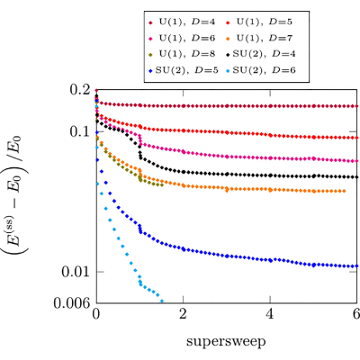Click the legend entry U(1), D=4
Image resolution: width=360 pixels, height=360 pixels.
coord(183,22)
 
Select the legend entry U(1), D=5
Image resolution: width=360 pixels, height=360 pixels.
coord(260,22)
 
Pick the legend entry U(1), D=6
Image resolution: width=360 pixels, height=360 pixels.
coord(183,38)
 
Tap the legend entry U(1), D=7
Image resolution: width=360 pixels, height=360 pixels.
coord(260,38)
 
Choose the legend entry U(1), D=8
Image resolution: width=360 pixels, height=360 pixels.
coord(183,54)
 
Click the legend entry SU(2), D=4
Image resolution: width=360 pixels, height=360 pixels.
coord(261,54)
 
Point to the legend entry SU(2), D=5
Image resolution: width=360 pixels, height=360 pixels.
coord(184,70)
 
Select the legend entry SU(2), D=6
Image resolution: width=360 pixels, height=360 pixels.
coord(261,70)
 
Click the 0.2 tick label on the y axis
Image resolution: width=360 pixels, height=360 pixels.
coord(80,89)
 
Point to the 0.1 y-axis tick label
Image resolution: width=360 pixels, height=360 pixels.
coord(80,131)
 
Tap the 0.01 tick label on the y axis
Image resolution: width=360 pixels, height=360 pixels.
coord(76,272)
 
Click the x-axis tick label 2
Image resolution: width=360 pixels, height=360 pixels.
coord(183,314)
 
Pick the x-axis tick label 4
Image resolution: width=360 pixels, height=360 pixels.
coord(270,314)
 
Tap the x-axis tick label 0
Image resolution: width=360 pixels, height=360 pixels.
coord(96,314)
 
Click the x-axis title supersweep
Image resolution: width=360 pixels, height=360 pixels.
coord(226,342)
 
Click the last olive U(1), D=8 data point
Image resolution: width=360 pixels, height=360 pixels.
coord(162,184)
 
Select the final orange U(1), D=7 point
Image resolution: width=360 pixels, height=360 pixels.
coord(344,191)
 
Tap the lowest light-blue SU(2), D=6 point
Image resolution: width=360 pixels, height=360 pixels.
coord(162,301)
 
